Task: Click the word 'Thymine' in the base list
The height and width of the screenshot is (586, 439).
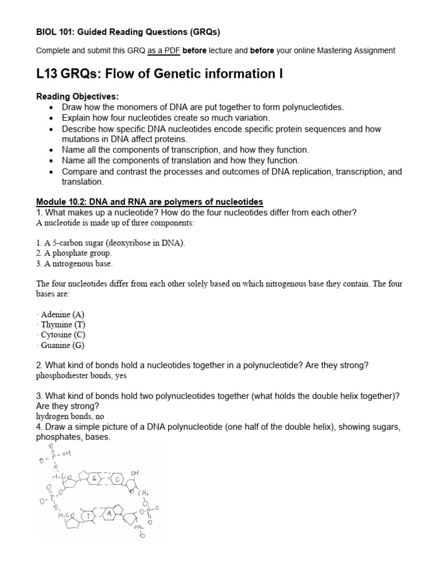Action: tap(57, 325)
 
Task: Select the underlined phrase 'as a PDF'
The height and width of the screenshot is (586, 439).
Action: tap(163, 50)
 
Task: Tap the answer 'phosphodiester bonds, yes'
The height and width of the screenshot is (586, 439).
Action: tap(81, 376)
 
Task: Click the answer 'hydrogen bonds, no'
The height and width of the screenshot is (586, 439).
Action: tap(70, 416)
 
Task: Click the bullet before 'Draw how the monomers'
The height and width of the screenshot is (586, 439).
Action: tap(52, 107)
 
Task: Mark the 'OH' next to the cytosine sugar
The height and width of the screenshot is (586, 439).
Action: tap(134, 473)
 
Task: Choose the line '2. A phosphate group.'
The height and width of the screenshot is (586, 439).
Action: tap(74, 253)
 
